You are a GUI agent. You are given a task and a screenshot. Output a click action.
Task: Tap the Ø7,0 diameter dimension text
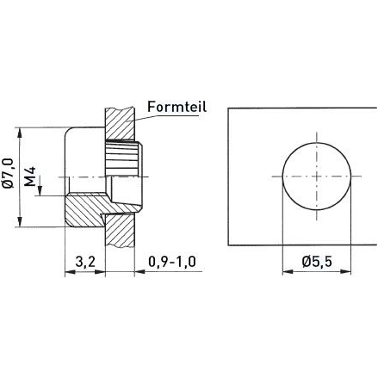[9, 174]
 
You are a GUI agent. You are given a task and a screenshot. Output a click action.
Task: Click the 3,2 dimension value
[84, 261]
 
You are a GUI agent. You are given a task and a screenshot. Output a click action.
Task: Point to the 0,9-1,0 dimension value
[170, 261]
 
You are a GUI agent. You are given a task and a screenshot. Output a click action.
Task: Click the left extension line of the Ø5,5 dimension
[282, 224]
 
